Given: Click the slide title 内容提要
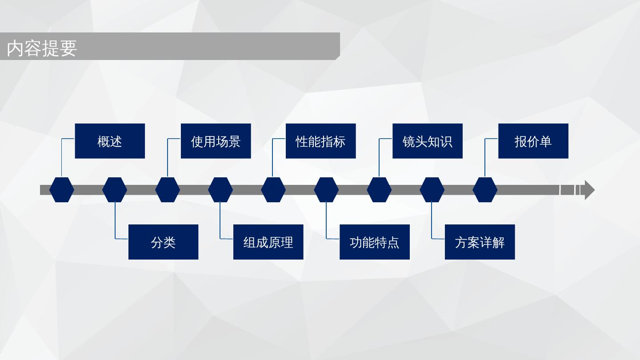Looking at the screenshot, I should pos(42,48).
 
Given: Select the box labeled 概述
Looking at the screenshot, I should pos(110,141).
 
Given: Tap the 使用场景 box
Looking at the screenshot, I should pos(216,141).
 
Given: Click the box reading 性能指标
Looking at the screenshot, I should pos(320,141).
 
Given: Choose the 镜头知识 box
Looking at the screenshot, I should pos(427,141).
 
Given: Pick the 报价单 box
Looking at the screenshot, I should pos(533,141).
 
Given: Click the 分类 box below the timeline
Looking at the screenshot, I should pos(163,242).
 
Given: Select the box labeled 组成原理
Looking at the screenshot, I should pos(268,242).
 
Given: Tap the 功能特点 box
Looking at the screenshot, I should pos(374,242).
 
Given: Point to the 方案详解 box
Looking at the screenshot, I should pos(480,242).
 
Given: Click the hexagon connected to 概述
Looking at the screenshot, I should pos(62,190).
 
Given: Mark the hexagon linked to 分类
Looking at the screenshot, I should pos(115,190).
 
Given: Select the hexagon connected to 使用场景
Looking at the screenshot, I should pos(168,190).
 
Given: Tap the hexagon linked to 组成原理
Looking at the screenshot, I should pos(220,190).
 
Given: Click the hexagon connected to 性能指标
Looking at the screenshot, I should pos(273,190).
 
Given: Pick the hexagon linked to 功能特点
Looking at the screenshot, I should pos(326,190).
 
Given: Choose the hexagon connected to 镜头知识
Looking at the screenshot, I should pos(379,190).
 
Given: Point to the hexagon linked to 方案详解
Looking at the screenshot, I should pos(432,190).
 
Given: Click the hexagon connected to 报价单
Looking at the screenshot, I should pos(485,190).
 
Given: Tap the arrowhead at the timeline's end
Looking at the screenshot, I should pos(588,190).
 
